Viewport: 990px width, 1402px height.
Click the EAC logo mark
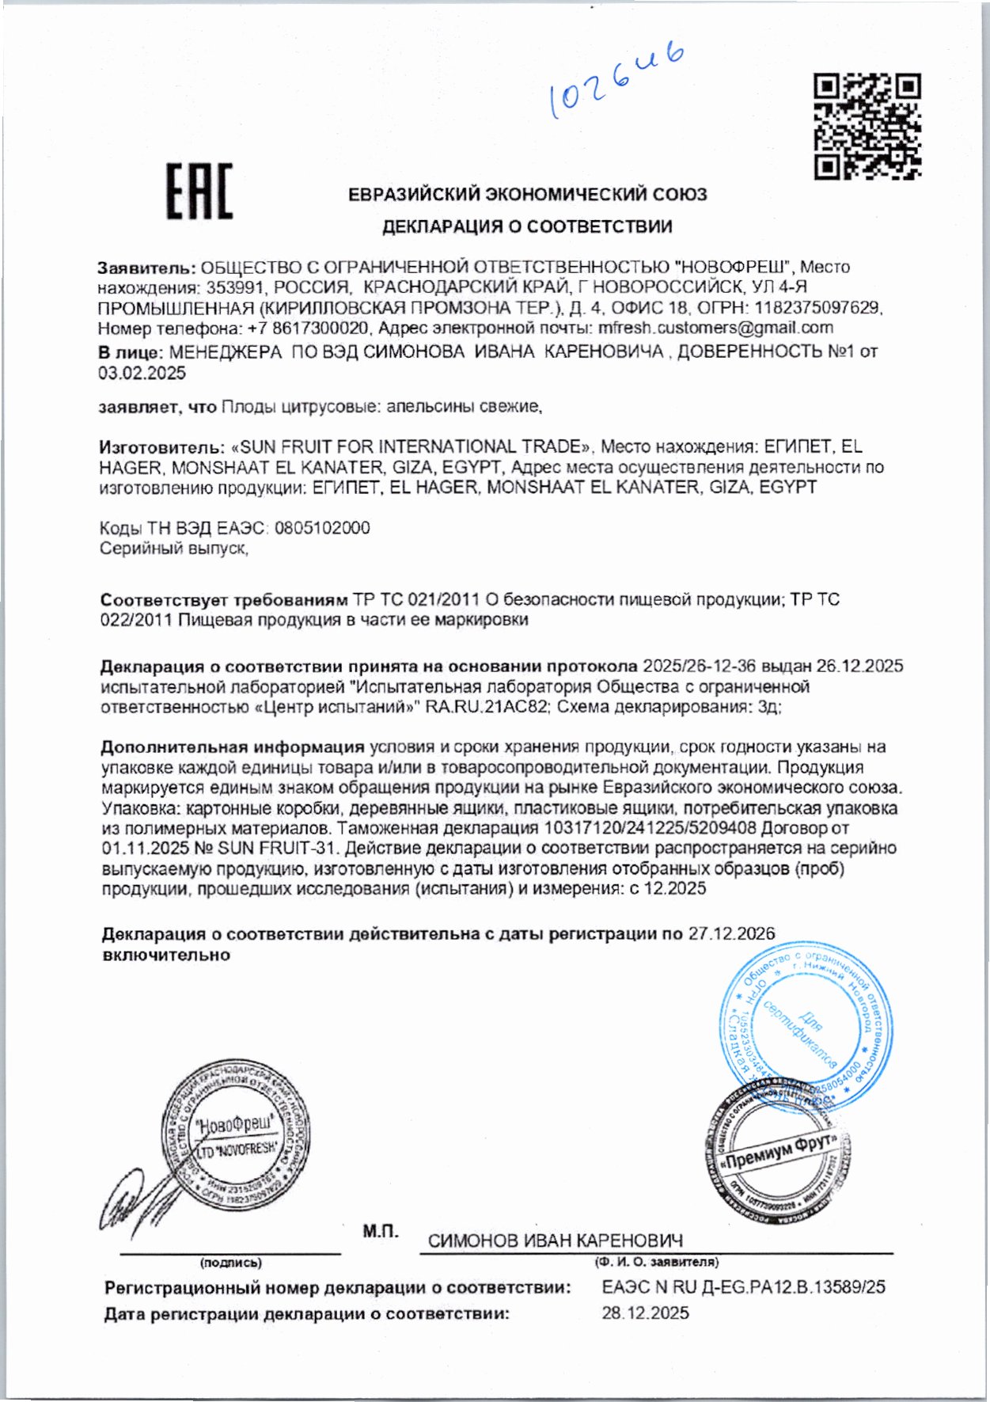199,192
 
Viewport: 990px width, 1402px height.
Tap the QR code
867,126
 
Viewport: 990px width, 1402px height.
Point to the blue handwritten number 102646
616,82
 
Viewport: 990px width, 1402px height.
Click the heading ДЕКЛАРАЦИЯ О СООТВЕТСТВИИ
527,227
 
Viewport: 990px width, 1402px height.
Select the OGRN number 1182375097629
818,307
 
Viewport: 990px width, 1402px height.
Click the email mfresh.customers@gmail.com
715,328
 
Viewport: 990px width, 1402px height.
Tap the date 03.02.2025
142,374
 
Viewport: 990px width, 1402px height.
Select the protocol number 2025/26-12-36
699,667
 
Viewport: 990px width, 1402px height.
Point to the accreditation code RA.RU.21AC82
487,707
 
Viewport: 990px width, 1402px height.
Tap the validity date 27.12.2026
731,934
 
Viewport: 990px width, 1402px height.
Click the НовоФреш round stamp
236,1134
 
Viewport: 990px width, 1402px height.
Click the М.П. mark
381,1231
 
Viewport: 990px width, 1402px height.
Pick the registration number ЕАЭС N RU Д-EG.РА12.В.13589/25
743,1287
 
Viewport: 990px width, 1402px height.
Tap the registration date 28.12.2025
645,1313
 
